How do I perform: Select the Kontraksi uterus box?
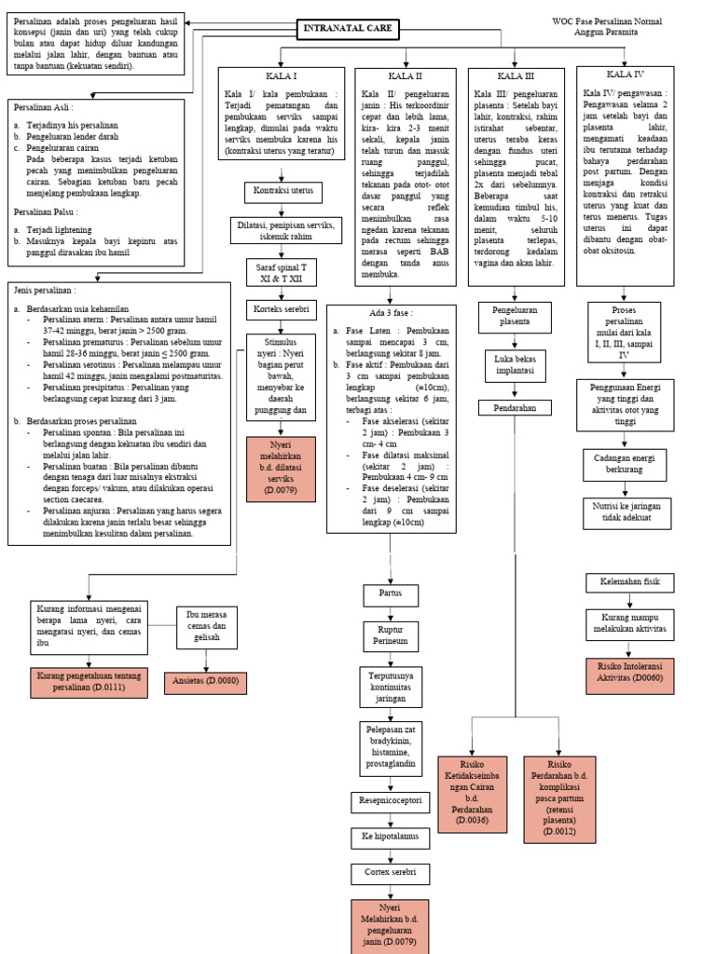pos(283,193)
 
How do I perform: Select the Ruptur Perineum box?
pos(390,636)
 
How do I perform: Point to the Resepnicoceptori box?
pos(390,799)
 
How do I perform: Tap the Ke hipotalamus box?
pos(390,837)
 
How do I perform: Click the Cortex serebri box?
pos(390,874)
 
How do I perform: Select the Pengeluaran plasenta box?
pos(515,316)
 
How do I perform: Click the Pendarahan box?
pos(515,407)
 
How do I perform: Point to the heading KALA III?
pos(516,75)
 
